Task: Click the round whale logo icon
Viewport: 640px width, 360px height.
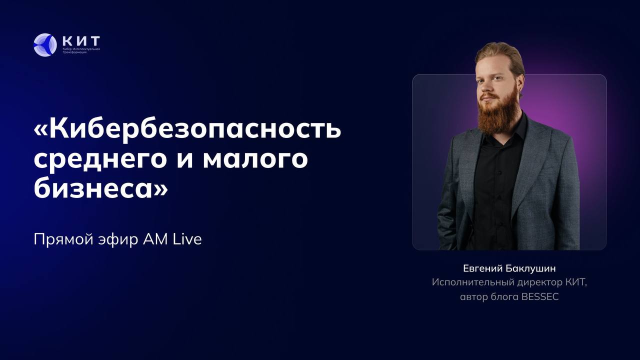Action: click(45, 45)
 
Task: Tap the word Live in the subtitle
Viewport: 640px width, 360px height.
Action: click(187, 239)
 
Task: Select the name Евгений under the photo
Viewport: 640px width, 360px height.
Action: click(482, 268)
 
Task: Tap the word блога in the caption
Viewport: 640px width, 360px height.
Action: click(504, 296)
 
